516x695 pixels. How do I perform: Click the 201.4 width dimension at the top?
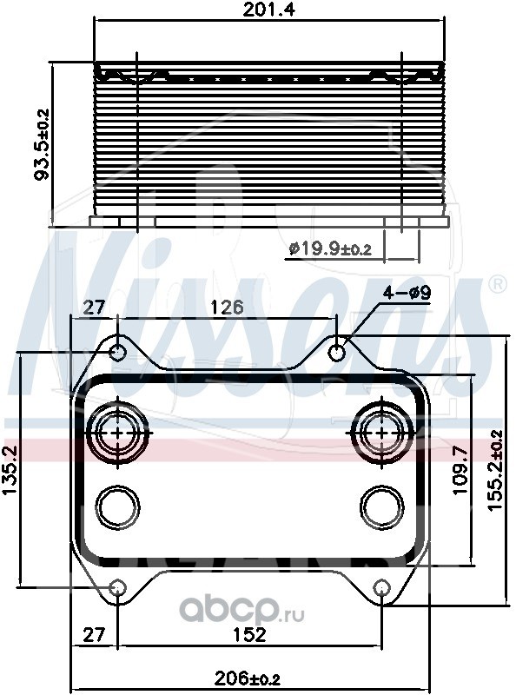coord(269,10)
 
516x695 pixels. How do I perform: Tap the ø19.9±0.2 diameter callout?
coord(330,249)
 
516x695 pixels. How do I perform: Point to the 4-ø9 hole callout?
coord(407,293)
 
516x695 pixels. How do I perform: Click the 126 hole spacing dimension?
coord(227,308)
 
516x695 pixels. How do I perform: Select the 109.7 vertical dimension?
coord(461,470)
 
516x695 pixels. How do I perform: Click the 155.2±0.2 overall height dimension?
coord(496,471)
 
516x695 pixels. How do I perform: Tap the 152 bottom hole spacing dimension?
coord(249,635)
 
